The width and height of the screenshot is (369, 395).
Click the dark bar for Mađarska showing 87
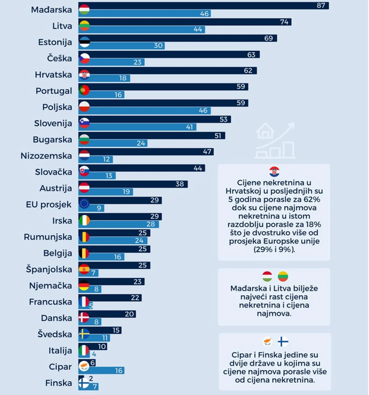click(204, 6)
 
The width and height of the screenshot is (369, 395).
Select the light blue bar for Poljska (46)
click(145, 111)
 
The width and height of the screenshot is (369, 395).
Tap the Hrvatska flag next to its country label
click(84, 74)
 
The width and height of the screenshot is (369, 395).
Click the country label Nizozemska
click(46, 156)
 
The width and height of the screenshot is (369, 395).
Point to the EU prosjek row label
click(49, 205)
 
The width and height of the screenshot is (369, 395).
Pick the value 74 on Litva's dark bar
click(285, 22)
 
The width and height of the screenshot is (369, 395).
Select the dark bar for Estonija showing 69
click(179, 38)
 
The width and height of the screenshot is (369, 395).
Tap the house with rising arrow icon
click(275, 141)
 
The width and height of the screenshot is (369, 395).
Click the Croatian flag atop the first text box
click(274, 172)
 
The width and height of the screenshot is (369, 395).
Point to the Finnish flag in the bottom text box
click(283, 342)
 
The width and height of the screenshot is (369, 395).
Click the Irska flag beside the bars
click(84, 221)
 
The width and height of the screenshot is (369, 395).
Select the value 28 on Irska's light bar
click(154, 224)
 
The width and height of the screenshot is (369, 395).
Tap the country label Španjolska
click(49, 270)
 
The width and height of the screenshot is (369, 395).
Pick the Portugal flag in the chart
click(84, 91)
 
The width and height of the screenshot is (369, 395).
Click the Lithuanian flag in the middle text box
click(283, 276)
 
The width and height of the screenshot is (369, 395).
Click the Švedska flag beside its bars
click(84, 334)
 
